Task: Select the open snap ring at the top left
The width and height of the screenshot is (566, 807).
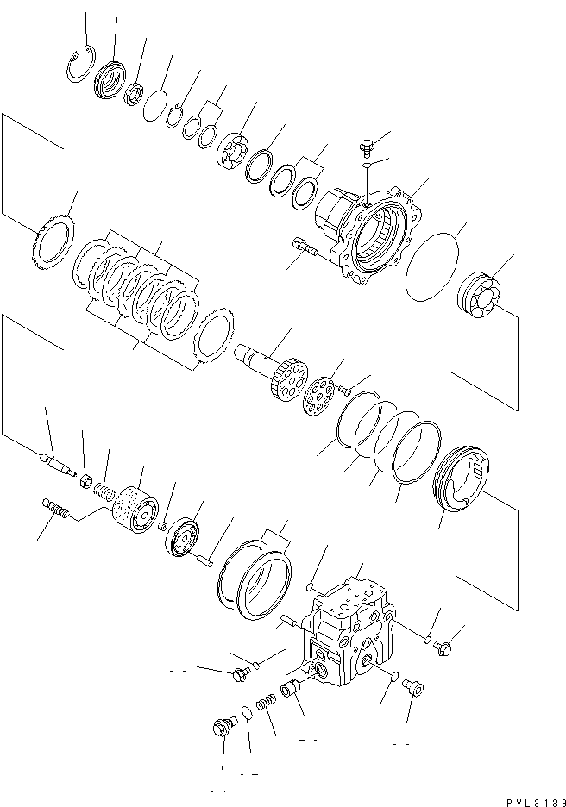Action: [x=79, y=65]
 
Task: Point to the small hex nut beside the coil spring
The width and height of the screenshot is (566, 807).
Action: [x=86, y=475]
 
